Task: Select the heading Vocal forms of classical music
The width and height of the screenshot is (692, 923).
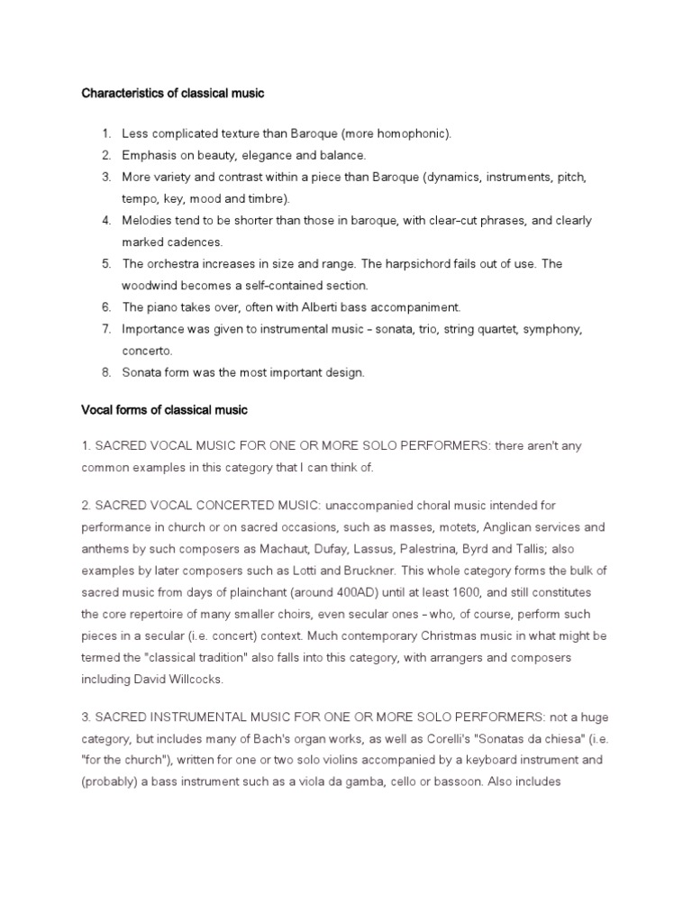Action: [164, 409]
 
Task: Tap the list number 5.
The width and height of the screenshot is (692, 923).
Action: [105, 263]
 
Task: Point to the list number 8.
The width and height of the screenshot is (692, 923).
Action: [105, 372]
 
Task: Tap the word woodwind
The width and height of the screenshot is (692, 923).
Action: [150, 285]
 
